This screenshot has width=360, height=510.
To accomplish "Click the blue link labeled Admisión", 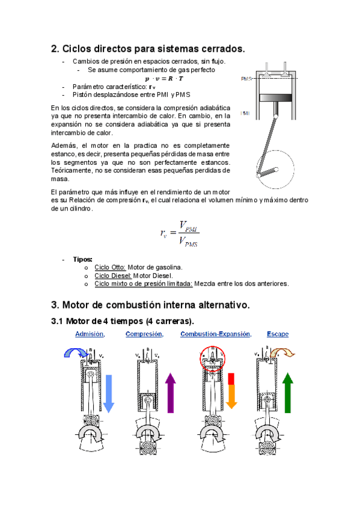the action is (x=90, y=334).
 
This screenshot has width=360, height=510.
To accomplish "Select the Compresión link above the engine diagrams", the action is (x=145, y=334).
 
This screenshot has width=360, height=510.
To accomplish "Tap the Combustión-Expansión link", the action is (x=216, y=334).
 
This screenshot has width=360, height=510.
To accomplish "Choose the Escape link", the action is (x=278, y=334).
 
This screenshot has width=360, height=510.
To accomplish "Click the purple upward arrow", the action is (x=171, y=393).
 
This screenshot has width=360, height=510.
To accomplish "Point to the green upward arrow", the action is (x=287, y=393).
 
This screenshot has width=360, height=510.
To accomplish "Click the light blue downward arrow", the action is (x=109, y=393).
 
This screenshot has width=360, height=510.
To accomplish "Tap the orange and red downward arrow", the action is (x=231, y=391).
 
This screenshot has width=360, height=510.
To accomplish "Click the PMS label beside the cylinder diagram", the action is (x=246, y=79).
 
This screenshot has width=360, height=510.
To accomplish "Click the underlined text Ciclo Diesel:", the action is (x=113, y=275).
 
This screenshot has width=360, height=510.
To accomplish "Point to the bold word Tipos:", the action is (x=82, y=259).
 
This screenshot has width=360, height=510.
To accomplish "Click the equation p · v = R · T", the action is (x=164, y=78).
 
